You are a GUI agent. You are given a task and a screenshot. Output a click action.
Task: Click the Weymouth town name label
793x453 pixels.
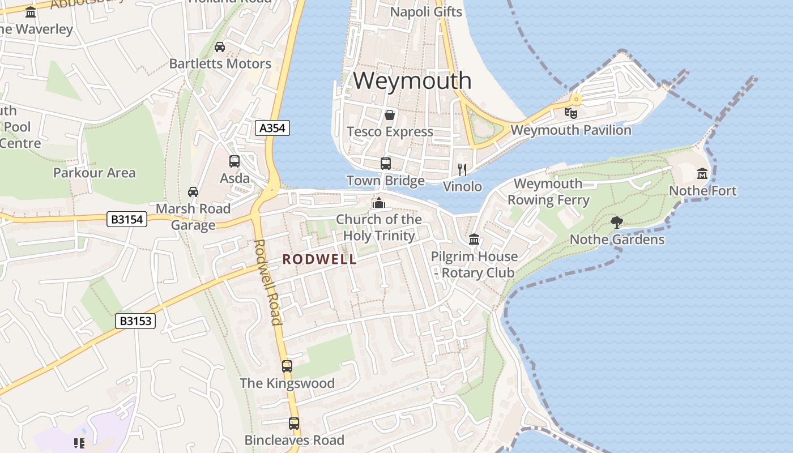(x=412, y=80)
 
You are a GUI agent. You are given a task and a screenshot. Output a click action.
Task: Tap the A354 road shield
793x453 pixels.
(x=272, y=128)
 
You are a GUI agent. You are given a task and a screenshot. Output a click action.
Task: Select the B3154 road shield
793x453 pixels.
(x=127, y=219)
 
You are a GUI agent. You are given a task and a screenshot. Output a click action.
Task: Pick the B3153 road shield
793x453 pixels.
(x=135, y=321)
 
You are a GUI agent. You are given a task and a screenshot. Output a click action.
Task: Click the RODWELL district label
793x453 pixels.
(x=319, y=259)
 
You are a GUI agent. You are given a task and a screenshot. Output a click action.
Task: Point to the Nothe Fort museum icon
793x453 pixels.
(x=702, y=173)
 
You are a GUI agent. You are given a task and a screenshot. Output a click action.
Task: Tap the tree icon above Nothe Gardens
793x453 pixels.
(x=617, y=223)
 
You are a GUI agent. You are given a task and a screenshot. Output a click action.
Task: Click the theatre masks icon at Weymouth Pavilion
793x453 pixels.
(x=571, y=113)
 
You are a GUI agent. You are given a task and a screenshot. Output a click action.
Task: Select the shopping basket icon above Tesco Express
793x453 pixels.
(x=390, y=115)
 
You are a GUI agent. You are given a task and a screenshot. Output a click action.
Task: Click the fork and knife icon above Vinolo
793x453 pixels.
(x=462, y=169)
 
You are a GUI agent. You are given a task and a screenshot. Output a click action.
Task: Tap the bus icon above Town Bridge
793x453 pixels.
(x=386, y=164)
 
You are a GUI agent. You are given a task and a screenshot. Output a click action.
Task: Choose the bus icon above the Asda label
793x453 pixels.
(x=235, y=161)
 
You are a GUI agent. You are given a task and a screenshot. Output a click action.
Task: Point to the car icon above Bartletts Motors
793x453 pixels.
(x=220, y=47)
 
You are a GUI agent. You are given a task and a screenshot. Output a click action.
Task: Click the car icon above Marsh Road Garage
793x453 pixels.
(x=193, y=192)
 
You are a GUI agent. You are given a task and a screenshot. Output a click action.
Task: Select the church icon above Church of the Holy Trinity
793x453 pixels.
(x=378, y=202)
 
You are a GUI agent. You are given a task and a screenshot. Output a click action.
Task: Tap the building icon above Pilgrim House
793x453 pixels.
(x=474, y=240)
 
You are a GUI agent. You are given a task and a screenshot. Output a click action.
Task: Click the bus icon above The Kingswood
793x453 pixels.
(x=287, y=366)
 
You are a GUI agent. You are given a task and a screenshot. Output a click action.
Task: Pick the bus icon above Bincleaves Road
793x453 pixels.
(x=293, y=423)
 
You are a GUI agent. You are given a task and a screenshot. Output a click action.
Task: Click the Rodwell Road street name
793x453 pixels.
(x=267, y=282)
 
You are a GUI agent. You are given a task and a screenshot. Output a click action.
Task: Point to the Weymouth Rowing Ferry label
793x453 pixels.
(x=548, y=191)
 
